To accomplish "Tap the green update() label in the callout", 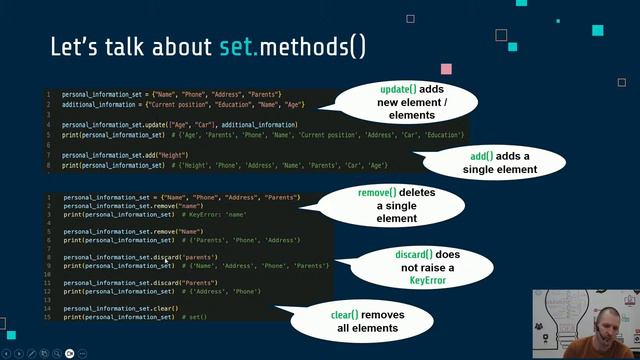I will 398,90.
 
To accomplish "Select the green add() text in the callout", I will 485,157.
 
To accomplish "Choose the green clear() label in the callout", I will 349,315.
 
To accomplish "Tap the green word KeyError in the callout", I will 427,281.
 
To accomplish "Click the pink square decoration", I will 446,69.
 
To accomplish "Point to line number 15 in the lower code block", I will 48,316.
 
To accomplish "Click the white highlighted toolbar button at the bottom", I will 69,353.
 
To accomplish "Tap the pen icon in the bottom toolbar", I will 32,353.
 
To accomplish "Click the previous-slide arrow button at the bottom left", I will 7,353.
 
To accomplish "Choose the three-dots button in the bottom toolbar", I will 82,353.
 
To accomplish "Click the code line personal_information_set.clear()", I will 120,308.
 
